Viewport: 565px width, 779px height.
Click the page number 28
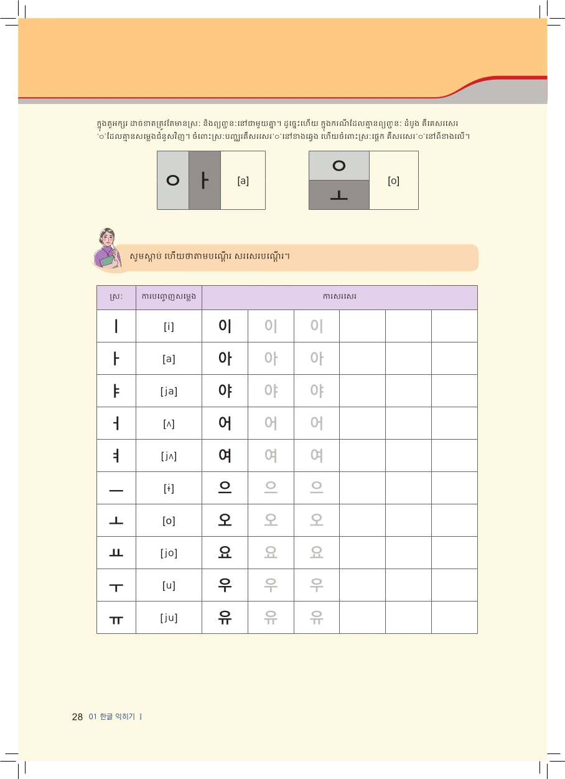point(77,717)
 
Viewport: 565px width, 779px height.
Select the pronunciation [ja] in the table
point(169,391)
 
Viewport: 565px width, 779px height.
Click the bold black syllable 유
point(225,618)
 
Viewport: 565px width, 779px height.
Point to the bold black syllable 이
point(225,326)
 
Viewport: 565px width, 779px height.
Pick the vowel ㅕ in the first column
point(116,456)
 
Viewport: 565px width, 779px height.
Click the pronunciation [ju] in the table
point(169,618)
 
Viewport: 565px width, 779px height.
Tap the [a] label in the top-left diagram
point(243,181)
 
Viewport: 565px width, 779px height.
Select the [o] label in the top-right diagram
point(393,181)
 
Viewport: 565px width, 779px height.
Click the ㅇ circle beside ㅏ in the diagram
point(173,181)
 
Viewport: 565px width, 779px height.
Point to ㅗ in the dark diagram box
point(339,196)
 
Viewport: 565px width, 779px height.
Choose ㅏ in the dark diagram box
point(205,181)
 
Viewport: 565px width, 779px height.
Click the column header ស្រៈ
point(116,297)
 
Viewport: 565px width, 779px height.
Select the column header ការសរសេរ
point(339,297)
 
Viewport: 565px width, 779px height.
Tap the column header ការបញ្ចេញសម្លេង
point(169,297)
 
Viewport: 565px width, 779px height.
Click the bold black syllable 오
point(225,521)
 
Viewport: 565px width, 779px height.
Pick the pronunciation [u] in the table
point(169,585)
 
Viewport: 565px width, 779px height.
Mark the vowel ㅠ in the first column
point(116,618)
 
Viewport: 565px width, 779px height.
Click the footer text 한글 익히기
point(117,717)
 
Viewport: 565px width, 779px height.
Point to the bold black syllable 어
point(225,423)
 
